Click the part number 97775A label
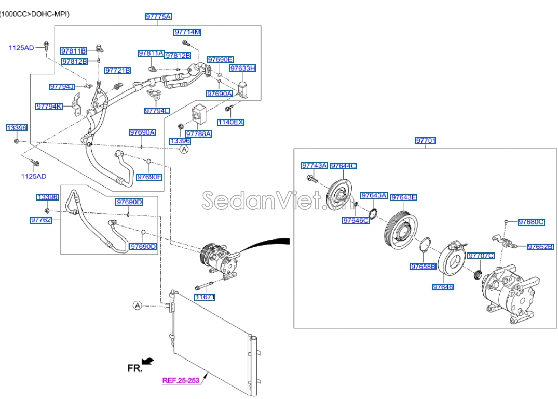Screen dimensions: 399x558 (x=158, y=17)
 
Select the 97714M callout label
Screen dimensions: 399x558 (x=187, y=32)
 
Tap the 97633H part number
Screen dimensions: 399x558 (x=243, y=68)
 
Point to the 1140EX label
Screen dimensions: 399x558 (x=230, y=122)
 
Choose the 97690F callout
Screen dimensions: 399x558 (x=149, y=177)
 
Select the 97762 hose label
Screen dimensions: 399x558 (x=41, y=220)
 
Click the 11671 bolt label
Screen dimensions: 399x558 (x=205, y=297)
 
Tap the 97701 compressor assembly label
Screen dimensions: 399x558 (x=426, y=141)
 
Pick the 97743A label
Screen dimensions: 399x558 (x=315, y=166)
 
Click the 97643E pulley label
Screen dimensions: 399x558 (x=404, y=197)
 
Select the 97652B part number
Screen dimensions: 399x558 (x=540, y=247)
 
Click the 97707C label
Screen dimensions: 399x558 (x=481, y=256)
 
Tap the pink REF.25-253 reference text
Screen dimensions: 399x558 (x=181, y=380)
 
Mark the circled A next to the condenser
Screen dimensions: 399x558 (x=138, y=305)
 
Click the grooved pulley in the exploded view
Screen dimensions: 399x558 (x=401, y=229)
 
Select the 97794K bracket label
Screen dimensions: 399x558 (x=49, y=107)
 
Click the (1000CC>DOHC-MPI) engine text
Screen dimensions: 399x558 (x=35, y=14)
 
